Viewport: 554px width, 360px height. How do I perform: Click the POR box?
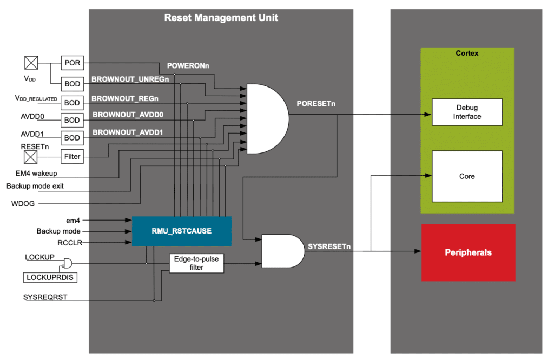tap(72, 63)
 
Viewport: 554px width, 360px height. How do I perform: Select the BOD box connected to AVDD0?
tap(72, 120)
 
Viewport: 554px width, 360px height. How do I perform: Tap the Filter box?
tap(72, 157)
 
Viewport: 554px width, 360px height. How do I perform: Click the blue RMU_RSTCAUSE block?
tap(181, 231)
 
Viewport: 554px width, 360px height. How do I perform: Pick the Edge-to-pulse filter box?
tap(196, 263)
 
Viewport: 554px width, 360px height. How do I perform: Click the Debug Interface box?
tap(467, 112)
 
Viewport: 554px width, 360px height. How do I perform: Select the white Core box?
tap(467, 176)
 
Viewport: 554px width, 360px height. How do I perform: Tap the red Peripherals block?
tap(468, 252)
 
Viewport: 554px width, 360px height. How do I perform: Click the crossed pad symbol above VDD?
tap(31, 64)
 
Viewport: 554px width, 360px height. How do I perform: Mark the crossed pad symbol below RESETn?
tap(31, 157)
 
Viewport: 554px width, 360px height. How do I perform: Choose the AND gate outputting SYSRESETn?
tap(282, 251)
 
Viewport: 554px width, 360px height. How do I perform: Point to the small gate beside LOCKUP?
tap(68, 263)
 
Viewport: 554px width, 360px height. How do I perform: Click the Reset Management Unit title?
tap(221, 18)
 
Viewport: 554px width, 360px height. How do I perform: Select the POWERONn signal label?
tap(188, 65)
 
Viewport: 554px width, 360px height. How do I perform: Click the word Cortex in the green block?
tap(467, 53)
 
